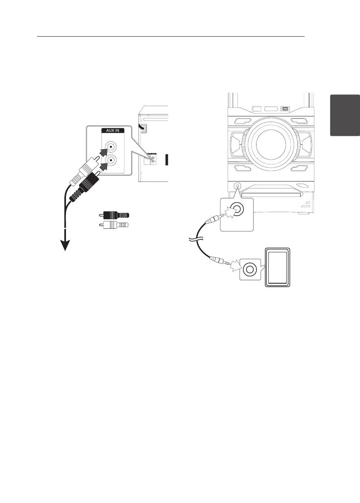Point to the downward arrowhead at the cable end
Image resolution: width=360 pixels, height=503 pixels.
pyautogui.click(x=65, y=246)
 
